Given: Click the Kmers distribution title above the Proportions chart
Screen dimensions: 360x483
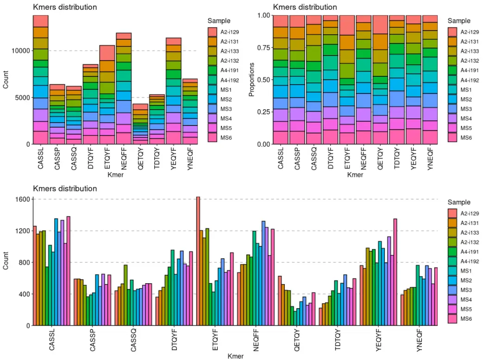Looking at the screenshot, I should click(x=305, y=7).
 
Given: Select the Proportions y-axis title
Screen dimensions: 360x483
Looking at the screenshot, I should click(x=252, y=80).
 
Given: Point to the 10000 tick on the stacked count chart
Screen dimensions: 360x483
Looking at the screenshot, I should click(x=19, y=51).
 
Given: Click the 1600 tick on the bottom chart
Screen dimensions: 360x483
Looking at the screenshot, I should click(x=22, y=199).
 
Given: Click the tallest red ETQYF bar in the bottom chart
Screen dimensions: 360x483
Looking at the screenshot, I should click(x=198, y=261).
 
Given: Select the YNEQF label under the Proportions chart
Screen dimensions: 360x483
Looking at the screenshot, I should click(x=430, y=159).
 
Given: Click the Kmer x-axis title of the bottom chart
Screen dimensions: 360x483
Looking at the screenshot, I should click(x=235, y=356).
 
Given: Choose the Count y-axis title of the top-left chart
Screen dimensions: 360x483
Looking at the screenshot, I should click(x=6, y=80).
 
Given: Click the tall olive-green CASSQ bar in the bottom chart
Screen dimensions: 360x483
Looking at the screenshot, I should click(x=125, y=295).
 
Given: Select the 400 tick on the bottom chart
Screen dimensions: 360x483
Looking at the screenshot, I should click(x=24, y=294).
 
